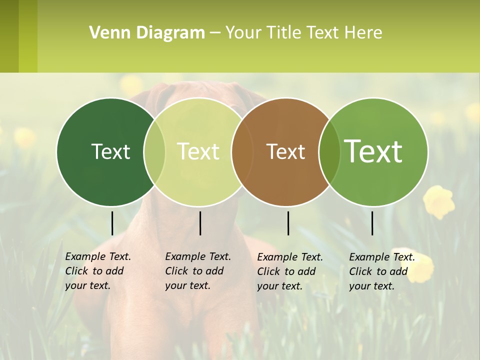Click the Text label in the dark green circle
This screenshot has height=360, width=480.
pyautogui.click(x=110, y=151)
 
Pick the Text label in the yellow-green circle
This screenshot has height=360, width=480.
pyautogui.click(x=198, y=151)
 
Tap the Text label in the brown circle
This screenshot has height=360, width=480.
pyautogui.click(x=286, y=151)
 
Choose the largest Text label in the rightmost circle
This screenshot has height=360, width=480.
pyautogui.click(x=373, y=151)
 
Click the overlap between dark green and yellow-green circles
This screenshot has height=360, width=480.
pyautogui.click(x=154, y=151)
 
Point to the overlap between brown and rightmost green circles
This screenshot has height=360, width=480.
pyautogui.click(x=329, y=151)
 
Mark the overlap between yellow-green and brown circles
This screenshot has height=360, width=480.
pyautogui.click(x=242, y=151)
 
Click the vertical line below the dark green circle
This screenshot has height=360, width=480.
pyautogui.click(x=112, y=223)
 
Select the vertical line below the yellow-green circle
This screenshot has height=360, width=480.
pyautogui.click(x=200, y=223)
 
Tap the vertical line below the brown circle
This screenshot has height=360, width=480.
pyautogui.click(x=288, y=223)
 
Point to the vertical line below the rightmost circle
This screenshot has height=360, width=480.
pyautogui.click(x=372, y=223)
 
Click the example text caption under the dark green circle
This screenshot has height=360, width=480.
pyautogui.click(x=97, y=271)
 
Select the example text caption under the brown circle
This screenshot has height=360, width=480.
pyautogui.click(x=289, y=271)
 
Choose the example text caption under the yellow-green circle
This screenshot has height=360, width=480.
pyautogui.click(x=197, y=271)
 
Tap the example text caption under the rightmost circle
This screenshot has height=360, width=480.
pyautogui.click(x=381, y=271)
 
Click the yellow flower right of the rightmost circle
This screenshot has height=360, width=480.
pyautogui.click(x=439, y=201)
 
